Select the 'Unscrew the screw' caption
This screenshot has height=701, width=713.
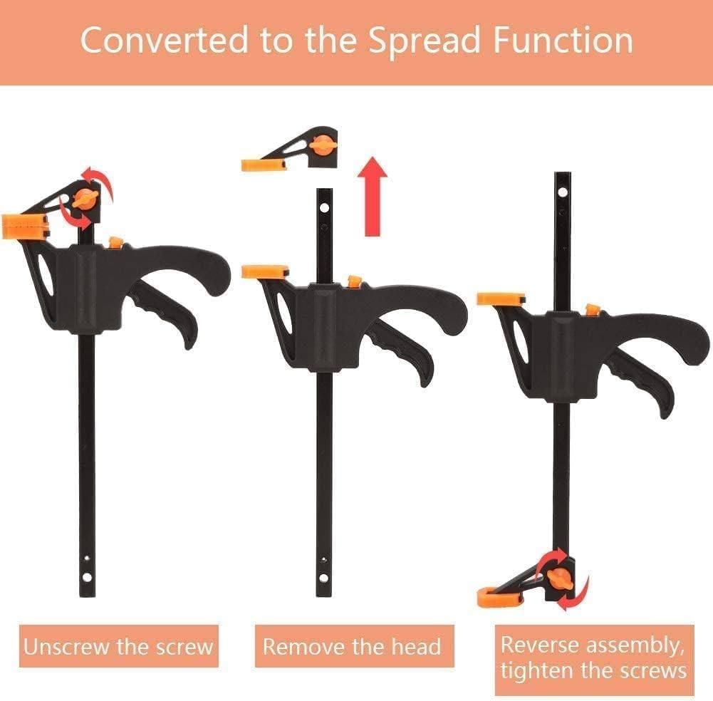click(x=118, y=647)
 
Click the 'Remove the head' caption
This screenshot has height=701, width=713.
click(x=352, y=647)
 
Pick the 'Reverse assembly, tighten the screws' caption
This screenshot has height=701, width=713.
click(x=593, y=659)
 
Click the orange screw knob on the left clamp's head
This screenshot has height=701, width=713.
click(x=85, y=200)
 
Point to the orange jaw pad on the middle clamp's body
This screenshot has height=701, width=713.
click(x=264, y=271)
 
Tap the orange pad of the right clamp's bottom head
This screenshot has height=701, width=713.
click(x=494, y=596)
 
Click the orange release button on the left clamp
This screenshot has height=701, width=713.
click(x=115, y=243)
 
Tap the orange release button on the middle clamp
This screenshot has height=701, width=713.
click(x=354, y=282)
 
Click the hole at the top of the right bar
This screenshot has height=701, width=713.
click(x=563, y=192)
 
